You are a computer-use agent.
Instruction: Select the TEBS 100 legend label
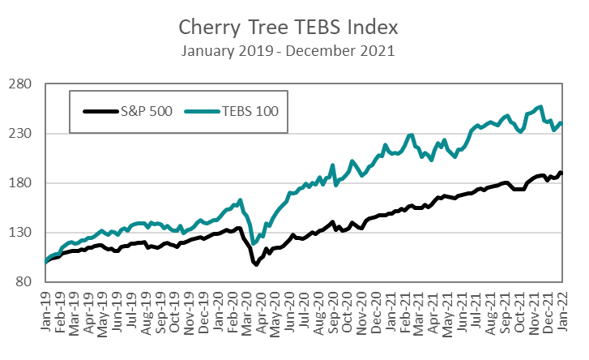click(251, 111)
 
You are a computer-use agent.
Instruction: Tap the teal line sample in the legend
click(203, 111)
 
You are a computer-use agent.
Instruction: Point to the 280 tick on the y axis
click(20, 84)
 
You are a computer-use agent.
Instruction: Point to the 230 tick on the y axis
click(20, 133)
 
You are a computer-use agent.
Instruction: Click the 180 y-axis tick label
click(20, 183)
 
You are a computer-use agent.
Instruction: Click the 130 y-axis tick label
click(20, 233)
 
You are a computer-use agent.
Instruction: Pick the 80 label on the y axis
click(23, 282)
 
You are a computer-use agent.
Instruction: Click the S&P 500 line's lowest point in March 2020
click(255, 264)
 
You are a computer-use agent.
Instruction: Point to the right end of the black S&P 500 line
click(561, 173)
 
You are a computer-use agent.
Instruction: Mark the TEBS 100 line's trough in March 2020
click(254, 243)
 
